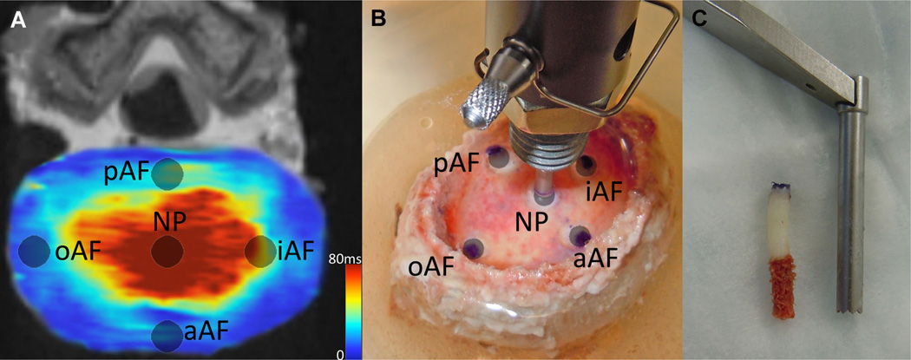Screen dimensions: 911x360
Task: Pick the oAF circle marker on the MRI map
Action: (34, 252)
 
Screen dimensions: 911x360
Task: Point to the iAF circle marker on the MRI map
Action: (260, 252)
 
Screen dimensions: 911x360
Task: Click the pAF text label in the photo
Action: (459, 164)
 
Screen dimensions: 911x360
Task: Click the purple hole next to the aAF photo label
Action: (578, 234)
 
